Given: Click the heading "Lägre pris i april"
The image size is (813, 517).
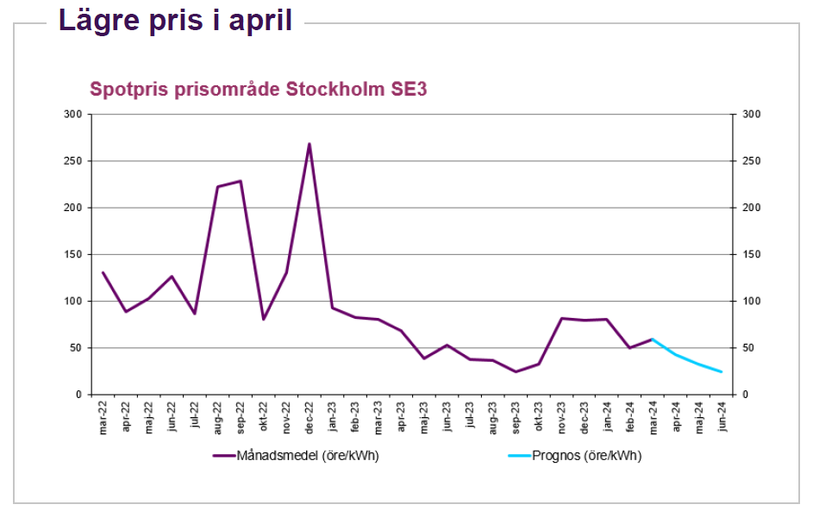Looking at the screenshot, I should click(x=175, y=21).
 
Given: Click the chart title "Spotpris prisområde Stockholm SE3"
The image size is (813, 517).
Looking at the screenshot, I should click(x=259, y=90).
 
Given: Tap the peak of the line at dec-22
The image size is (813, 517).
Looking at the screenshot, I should click(x=309, y=144).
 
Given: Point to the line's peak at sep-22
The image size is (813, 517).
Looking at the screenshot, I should click(x=241, y=181).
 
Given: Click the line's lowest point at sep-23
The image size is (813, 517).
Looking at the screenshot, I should click(x=516, y=371).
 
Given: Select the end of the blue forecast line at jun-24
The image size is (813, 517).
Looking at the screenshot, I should click(x=722, y=371).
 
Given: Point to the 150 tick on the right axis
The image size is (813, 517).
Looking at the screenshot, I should click(x=752, y=255).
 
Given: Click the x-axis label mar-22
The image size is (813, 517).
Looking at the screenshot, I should click(x=103, y=416).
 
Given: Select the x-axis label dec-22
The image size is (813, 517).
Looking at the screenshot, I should click(x=310, y=416).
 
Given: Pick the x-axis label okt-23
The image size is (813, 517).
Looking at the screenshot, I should click(x=539, y=416).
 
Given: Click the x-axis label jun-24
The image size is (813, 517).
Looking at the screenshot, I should click(x=722, y=416).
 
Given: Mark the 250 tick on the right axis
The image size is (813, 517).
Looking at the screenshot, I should click(x=752, y=161).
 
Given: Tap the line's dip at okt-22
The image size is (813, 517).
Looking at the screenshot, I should click(x=264, y=319).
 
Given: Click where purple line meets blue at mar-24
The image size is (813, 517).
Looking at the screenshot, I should click(x=654, y=339).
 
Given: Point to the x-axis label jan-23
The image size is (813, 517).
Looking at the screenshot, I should click(x=332, y=416).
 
